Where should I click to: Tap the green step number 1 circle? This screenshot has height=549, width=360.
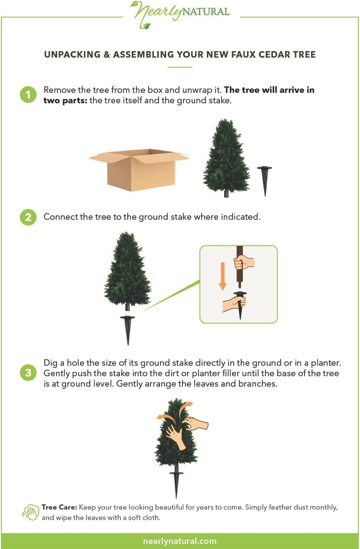[28, 94]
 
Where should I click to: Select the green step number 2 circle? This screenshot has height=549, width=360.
[28, 217]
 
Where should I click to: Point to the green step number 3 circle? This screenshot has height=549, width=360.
[28, 373]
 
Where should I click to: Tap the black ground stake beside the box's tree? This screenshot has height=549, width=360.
[265, 181]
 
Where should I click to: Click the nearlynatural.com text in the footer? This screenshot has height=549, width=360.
[180, 541]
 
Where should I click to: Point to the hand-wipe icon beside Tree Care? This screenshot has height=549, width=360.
[31, 512]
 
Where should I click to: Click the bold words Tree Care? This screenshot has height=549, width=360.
[59, 507]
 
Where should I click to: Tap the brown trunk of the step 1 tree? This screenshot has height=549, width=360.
[226, 193]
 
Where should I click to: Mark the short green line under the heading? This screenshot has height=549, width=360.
[180, 67]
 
